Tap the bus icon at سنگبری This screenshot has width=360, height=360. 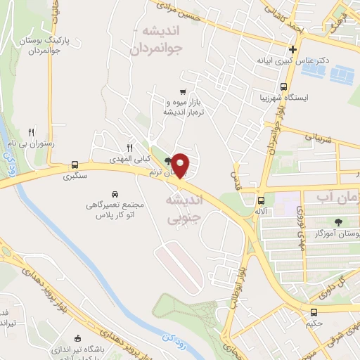pos(75,167)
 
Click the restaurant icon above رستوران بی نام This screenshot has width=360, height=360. pos(30,131)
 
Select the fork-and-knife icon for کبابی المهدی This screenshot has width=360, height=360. pos(129,148)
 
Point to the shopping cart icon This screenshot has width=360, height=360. pos(183,92)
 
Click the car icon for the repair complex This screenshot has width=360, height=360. pos(115,193)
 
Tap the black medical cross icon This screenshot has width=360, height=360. pos(294,49)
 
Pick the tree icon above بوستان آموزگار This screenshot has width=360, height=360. pos(339,221)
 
